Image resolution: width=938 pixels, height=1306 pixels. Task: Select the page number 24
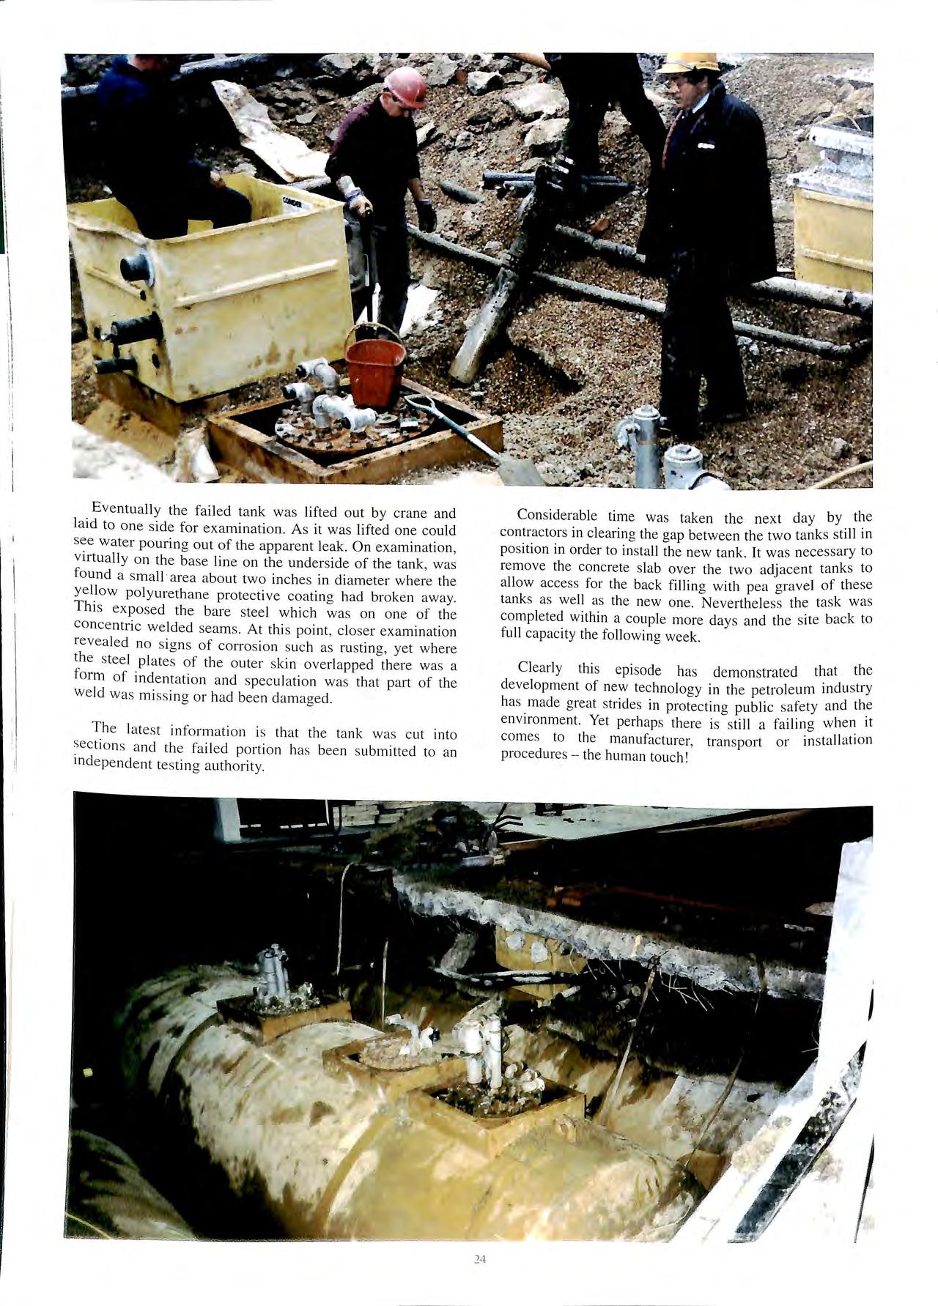pyautogui.click(x=480, y=1260)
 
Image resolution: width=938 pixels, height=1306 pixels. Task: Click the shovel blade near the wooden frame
pyautogui.click(x=520, y=471)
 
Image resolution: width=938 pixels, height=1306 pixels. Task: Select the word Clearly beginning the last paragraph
pyautogui.click(x=540, y=668)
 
